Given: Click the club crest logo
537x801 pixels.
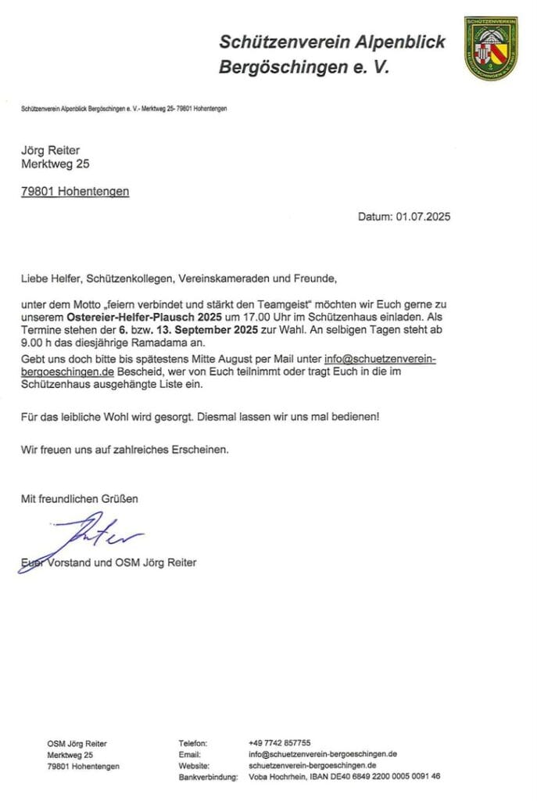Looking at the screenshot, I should [491, 48].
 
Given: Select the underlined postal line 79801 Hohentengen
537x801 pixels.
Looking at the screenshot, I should [75, 191].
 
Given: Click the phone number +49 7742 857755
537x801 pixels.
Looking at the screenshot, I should [279, 742].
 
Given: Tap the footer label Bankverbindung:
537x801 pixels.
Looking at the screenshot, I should [207, 778].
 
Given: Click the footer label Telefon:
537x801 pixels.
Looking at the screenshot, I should [193, 742].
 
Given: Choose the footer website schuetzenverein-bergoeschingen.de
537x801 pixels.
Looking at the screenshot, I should [313, 766].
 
